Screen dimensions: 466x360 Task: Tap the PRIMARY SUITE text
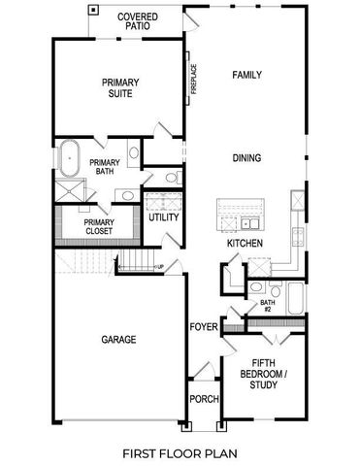(x=121, y=89)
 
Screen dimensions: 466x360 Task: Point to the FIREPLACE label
(x=194, y=79)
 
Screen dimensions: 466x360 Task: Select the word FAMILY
(x=247, y=74)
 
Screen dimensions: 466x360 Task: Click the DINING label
(x=247, y=157)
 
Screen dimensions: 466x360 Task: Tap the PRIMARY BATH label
(x=104, y=168)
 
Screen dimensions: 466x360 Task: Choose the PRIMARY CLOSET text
(x=98, y=226)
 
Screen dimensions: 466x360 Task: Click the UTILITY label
(x=162, y=217)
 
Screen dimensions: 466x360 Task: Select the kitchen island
(x=239, y=212)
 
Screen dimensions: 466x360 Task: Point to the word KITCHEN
(x=244, y=244)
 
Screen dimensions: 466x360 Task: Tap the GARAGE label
(x=118, y=340)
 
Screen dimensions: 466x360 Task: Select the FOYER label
(x=203, y=327)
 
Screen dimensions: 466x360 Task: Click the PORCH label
(x=204, y=399)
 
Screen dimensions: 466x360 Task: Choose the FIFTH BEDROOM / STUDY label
(x=263, y=375)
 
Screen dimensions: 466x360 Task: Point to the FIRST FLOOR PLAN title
(x=180, y=452)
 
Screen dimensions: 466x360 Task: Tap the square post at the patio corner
(x=93, y=10)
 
